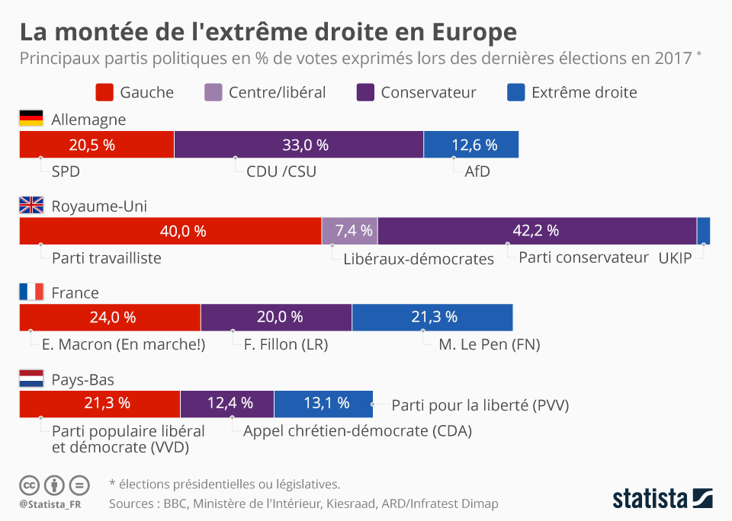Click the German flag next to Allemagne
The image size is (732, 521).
pos(31,118)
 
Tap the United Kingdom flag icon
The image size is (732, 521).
pos(31,205)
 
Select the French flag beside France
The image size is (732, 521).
pos(31,292)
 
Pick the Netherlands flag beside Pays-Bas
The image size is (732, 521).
pos(31,379)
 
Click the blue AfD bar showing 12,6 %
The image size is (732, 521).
pos(471,145)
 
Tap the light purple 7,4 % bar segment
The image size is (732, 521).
pos(349,231)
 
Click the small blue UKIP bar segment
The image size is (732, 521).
pos(704,231)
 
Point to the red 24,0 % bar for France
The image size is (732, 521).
pos(110,317)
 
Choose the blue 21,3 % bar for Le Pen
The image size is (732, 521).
pos(432,317)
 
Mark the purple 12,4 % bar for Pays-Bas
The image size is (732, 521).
pos(227,403)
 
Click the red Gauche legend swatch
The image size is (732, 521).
pos(104,92)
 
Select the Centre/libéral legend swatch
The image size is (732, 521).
pos(213,92)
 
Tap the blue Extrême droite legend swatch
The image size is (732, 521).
pos(516,92)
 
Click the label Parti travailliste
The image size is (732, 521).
pos(107,257)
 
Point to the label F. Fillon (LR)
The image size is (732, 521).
pos(285,344)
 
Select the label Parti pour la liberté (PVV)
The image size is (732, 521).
pos(480,404)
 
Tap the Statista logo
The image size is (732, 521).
pos(662,499)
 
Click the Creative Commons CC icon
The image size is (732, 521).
pos(30,484)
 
